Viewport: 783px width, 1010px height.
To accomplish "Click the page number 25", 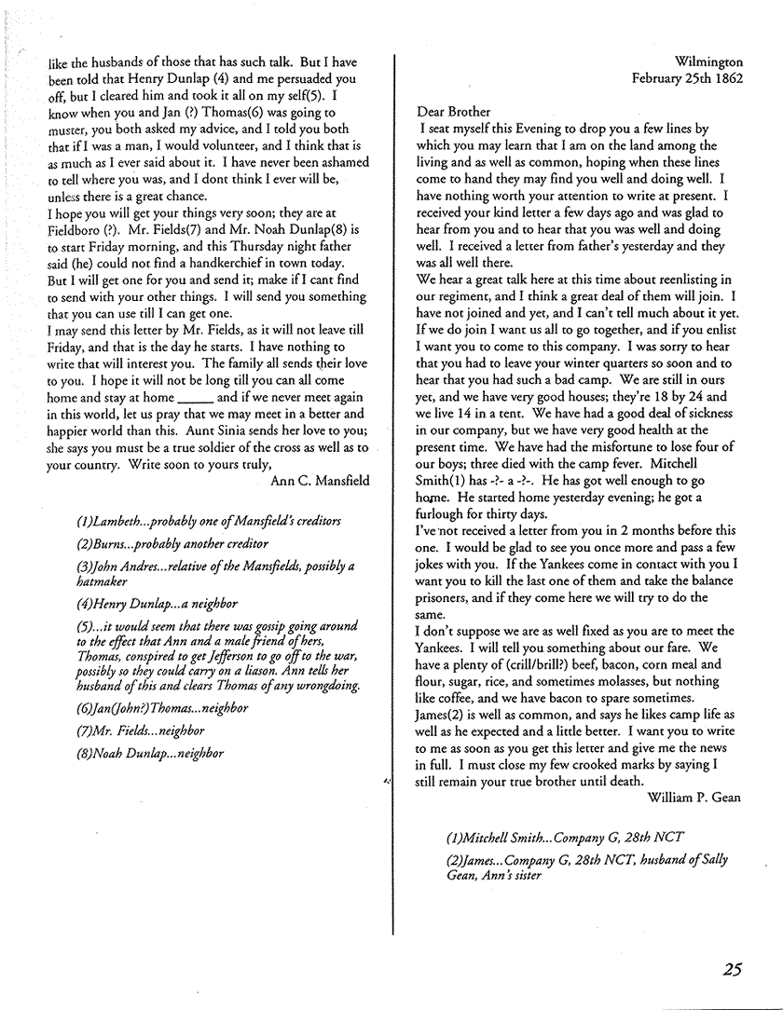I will coord(732,970).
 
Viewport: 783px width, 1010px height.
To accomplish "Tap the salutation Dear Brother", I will coord(453,112).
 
